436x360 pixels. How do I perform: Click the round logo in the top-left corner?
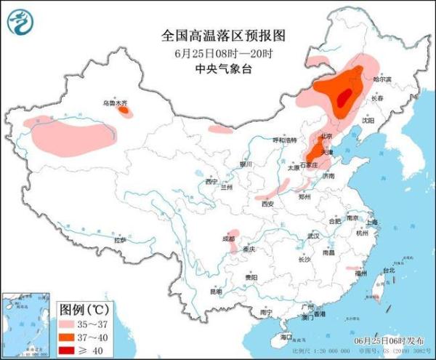point(21,23)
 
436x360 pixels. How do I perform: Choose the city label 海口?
point(286,337)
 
